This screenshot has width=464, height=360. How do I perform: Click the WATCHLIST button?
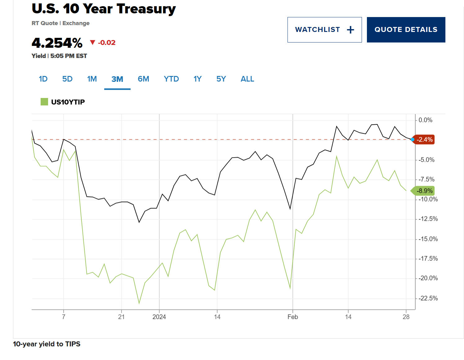coord(324,30)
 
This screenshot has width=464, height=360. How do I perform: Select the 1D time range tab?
coord(43,79)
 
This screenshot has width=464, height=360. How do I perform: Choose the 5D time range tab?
coord(67,79)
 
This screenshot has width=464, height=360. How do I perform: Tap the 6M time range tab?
coord(143,79)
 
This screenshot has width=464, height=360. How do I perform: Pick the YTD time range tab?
coord(171,79)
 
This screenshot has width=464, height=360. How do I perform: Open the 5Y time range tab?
coord(221,79)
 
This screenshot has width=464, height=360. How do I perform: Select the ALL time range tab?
coord(247,79)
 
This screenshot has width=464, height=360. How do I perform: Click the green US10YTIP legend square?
coord(44,102)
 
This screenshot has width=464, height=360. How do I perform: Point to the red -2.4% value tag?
coord(424,140)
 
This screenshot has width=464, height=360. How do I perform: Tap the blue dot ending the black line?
coord(413,140)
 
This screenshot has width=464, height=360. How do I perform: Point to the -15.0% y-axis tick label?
coord(428,239)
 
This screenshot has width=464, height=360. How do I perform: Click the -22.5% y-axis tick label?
coord(428,298)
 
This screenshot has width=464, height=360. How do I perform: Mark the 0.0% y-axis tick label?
coord(425,120)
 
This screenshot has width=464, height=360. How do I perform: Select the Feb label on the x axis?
coord(292,317)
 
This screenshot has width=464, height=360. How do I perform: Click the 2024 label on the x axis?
coord(159,317)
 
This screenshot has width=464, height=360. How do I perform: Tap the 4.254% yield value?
coord(57,43)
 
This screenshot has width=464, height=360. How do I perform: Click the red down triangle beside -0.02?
coord(92,42)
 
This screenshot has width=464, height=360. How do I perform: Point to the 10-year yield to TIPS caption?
coord(47,344)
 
